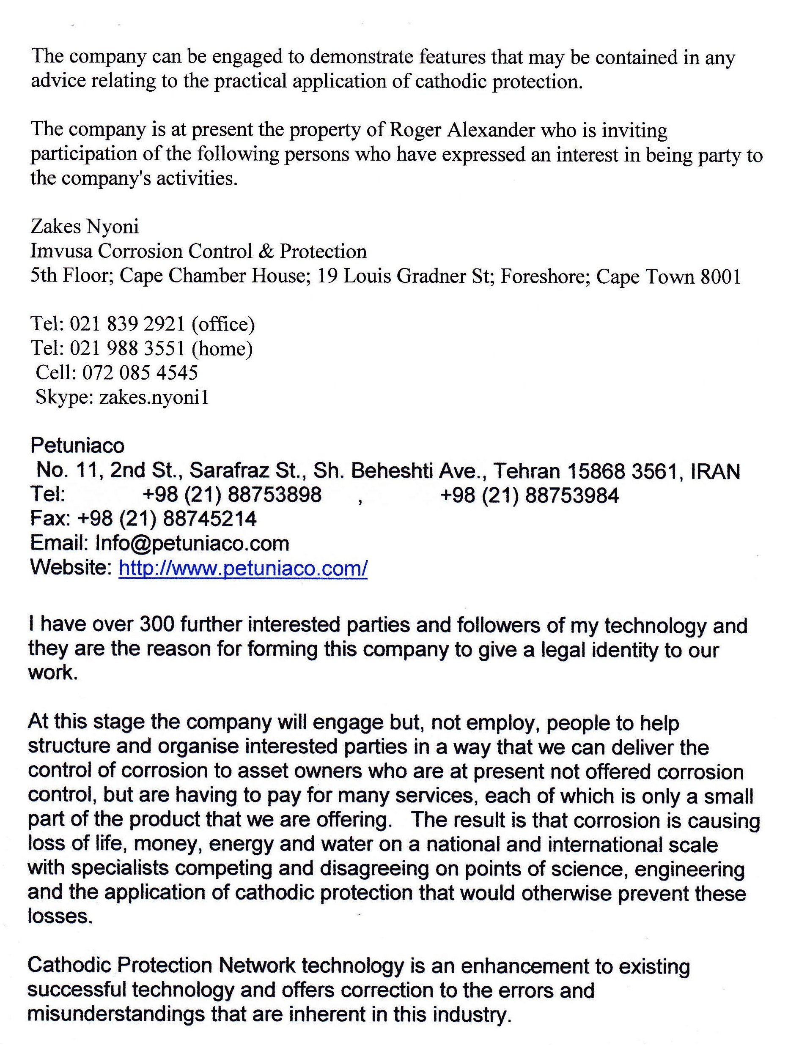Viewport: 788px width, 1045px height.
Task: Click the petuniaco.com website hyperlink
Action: (x=243, y=568)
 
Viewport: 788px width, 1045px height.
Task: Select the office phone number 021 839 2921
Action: (x=127, y=324)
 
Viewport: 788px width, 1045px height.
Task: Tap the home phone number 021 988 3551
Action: (x=127, y=349)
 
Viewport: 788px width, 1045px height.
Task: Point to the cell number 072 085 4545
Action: (x=140, y=373)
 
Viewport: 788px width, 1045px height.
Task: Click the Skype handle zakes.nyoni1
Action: (x=154, y=398)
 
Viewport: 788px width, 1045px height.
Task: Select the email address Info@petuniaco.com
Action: (x=192, y=543)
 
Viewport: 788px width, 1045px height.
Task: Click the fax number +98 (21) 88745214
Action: (x=167, y=519)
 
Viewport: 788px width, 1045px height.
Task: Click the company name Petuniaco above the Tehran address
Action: (x=77, y=446)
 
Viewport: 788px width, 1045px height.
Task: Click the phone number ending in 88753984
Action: (x=529, y=495)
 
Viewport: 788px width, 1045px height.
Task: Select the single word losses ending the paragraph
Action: (x=59, y=916)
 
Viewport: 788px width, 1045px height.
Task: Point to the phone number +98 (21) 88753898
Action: (x=232, y=495)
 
